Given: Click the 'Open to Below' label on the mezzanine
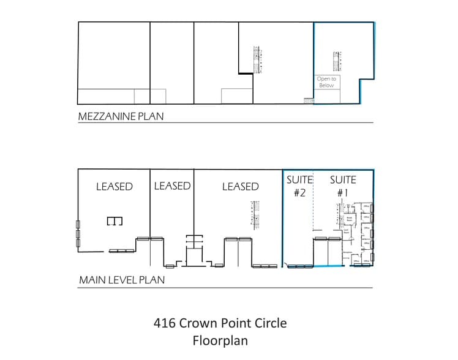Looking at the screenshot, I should pos(326,82).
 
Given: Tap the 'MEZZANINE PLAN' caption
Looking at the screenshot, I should pos(121,116).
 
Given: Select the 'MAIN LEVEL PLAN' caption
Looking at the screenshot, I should pos(121,280).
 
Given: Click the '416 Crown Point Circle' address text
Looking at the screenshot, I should pos(220,323).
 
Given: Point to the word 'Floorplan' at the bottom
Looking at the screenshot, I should pos(220,340).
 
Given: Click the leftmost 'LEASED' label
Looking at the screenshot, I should pos(114,187).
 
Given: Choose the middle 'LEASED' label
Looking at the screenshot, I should pos(172,186).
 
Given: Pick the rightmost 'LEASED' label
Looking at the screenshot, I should pos(240,186).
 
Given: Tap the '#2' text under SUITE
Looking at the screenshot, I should pos(299,192).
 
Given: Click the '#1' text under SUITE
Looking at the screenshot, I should pos(343,192).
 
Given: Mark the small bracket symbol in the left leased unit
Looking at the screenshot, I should pos(115,220).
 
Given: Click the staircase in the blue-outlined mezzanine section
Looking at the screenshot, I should pos(336,61).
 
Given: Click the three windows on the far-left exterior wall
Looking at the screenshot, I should pos(77,234).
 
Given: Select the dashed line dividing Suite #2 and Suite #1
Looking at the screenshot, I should pos(313,208).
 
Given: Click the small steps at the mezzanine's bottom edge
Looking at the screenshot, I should pos(308,100).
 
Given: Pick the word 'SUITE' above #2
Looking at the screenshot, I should pos(299,180).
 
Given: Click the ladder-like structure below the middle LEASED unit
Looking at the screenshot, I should pos(193,242).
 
